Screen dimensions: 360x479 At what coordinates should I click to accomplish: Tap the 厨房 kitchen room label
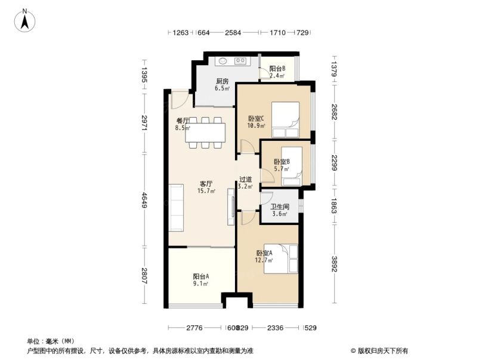[222, 85]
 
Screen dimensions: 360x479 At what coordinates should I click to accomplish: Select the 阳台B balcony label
[277, 72]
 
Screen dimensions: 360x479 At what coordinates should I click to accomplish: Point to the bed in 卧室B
[292, 161]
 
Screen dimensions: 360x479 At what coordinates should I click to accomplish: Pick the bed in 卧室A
[280, 259]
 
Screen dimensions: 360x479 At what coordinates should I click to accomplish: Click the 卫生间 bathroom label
[279, 210]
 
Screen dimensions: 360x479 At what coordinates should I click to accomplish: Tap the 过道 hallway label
[245, 182]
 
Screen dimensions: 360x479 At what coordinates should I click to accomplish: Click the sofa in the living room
[176, 208]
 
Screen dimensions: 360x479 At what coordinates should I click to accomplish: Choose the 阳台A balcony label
[200, 279]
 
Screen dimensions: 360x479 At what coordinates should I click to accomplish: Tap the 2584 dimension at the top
[233, 32]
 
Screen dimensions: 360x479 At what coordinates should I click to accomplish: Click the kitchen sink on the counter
[221, 60]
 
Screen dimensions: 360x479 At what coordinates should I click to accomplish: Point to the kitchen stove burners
[241, 60]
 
